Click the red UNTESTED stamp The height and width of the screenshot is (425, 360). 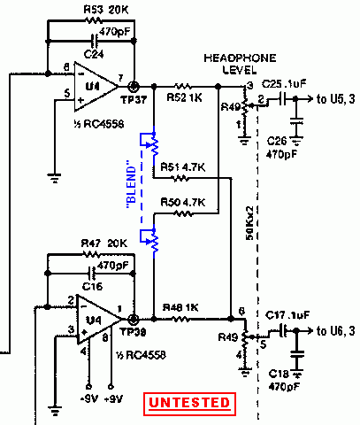pos(189,404)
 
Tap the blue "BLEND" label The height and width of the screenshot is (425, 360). pos(132,184)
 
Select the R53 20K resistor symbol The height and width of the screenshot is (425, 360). pos(93,20)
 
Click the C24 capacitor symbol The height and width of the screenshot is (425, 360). pos(95,41)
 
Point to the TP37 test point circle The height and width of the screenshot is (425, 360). pos(134,87)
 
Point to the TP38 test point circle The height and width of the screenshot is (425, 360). pos(134,319)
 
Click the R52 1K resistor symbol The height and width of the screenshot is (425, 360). pos(183,87)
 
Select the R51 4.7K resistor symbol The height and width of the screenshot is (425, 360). pos(180,178)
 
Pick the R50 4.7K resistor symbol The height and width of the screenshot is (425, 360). pos(183,212)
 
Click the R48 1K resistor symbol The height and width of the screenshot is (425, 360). pos(180,319)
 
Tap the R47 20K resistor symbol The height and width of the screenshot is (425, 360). pos(91,254)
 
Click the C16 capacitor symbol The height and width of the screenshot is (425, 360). pos(93,274)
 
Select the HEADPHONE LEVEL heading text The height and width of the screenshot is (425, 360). pos(240,64)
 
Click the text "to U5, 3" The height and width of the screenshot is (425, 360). pos(336,99)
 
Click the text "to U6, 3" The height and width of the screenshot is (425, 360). pos(336,331)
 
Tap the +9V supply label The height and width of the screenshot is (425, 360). pos(113,399)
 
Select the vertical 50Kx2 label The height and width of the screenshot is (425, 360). pos(249,223)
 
